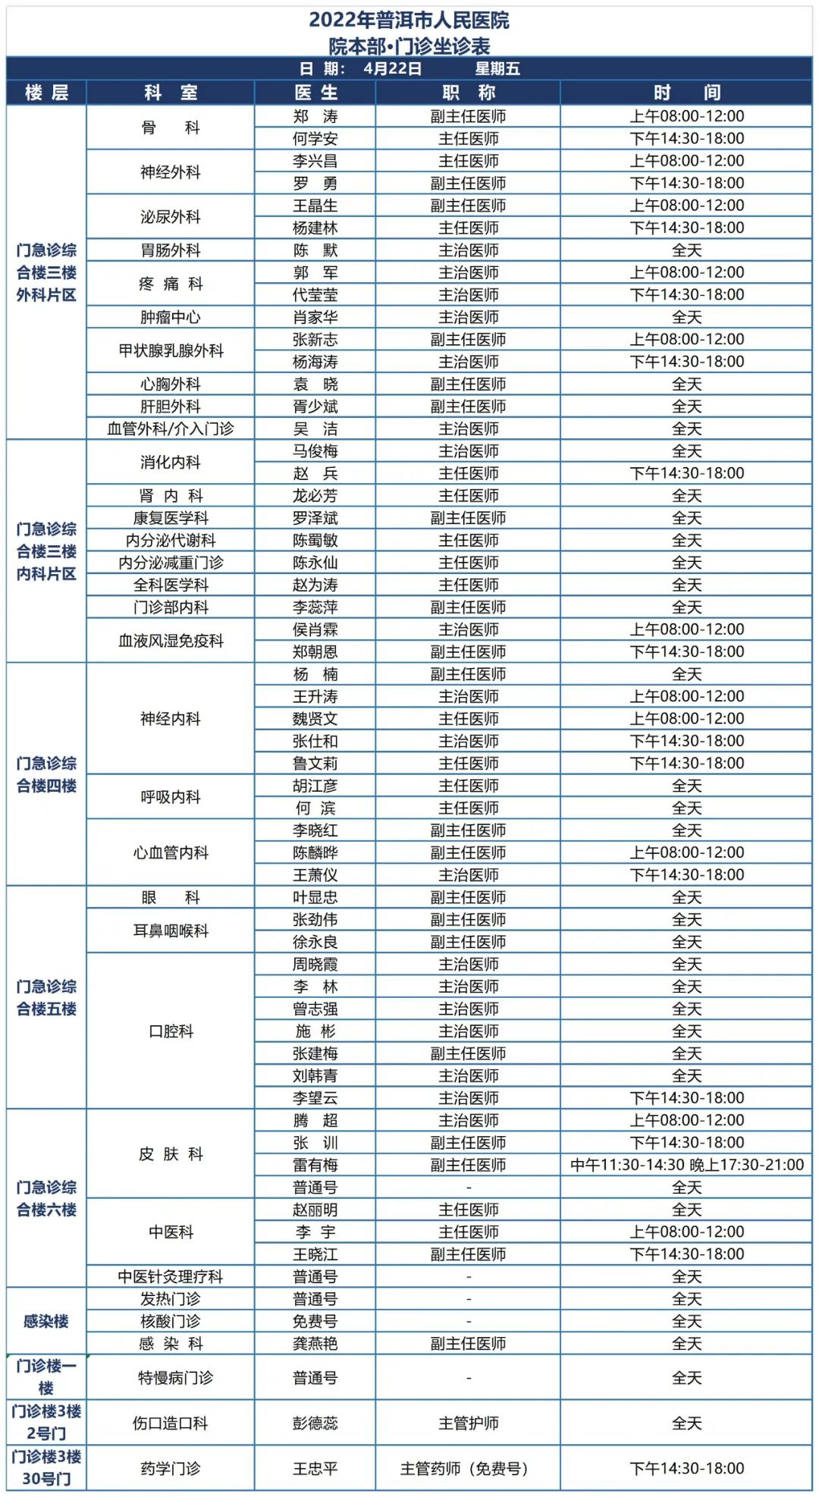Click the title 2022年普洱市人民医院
409,20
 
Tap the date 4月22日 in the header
393,68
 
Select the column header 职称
468,93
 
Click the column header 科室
171,93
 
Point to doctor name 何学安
315,139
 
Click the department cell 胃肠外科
171,250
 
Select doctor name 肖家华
315,317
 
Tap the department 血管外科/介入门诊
171,429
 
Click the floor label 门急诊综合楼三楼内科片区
46,551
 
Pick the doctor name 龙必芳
315,496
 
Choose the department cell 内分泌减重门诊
171,563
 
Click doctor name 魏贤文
315,719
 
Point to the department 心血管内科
171,852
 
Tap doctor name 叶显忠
315,897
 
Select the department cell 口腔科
171,1031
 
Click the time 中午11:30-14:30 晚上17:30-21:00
686,1165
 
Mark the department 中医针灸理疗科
171,1276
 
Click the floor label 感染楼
46,1321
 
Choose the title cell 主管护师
468,1423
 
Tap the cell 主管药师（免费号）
468,1469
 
